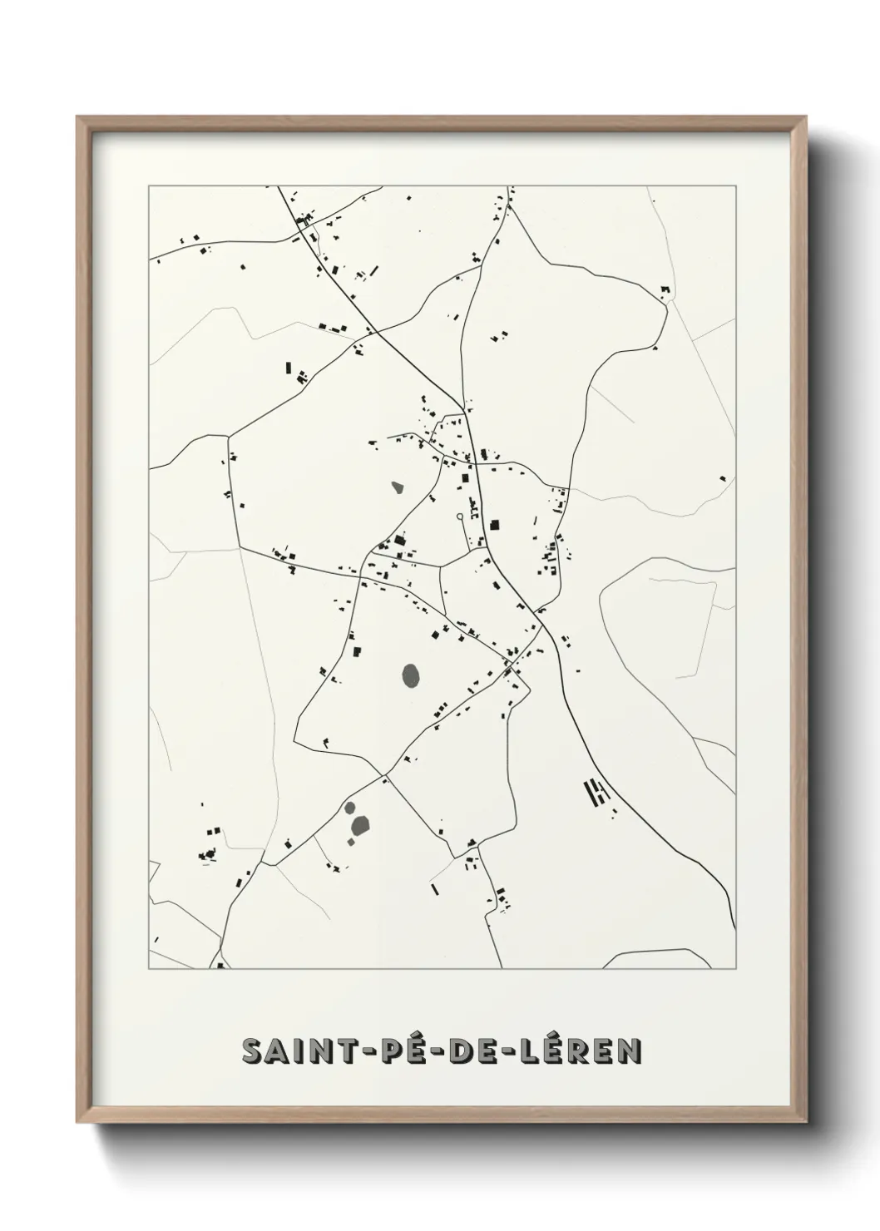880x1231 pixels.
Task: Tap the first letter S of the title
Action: [251, 1051]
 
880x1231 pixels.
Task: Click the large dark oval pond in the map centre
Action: [411, 673]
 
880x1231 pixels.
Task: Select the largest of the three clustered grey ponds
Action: [360, 826]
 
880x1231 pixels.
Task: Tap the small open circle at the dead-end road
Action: [459, 517]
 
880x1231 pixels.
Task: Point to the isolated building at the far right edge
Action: [723, 478]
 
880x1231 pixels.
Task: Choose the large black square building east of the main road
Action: [495, 525]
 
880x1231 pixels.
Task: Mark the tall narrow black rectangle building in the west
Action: [289, 367]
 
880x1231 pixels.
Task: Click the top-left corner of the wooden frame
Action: [78, 117]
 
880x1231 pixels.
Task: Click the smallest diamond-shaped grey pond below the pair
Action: [351, 842]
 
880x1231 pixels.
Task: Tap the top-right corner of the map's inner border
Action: [735, 186]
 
